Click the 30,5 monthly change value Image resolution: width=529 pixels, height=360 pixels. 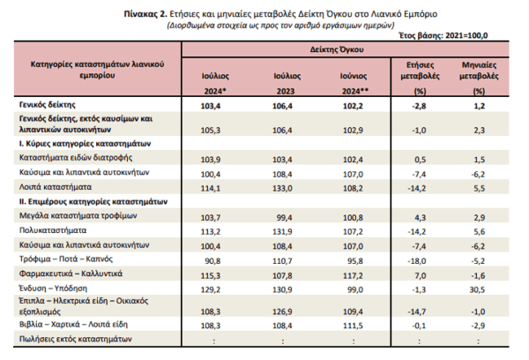(x=477, y=289)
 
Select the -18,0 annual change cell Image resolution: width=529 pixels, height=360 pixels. (x=417, y=261)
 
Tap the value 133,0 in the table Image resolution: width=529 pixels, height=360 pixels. (x=282, y=188)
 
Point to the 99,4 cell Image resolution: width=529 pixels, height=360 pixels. (x=285, y=217)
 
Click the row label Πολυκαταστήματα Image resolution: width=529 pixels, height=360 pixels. (x=53, y=230)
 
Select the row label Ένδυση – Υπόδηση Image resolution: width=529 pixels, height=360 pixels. (x=53, y=289)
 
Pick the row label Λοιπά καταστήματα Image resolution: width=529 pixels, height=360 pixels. (x=56, y=187)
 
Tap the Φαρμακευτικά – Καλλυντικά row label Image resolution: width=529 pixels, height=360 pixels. (x=71, y=274)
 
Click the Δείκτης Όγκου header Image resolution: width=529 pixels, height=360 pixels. (x=337, y=49)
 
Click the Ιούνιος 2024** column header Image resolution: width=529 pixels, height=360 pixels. (x=354, y=84)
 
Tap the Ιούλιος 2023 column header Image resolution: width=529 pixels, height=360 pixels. (x=287, y=84)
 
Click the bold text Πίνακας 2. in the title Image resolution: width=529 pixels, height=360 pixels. (x=145, y=14)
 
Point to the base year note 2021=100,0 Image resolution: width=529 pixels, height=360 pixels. (x=466, y=35)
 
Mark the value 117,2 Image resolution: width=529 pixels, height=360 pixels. (x=354, y=275)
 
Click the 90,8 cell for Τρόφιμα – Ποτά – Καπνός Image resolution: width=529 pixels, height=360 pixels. (x=212, y=261)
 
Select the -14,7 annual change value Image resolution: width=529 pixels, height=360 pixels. (x=417, y=311)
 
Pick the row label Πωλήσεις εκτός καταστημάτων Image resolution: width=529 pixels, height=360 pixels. (x=76, y=339)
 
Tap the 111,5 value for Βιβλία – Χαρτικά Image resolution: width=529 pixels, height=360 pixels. (x=354, y=326)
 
